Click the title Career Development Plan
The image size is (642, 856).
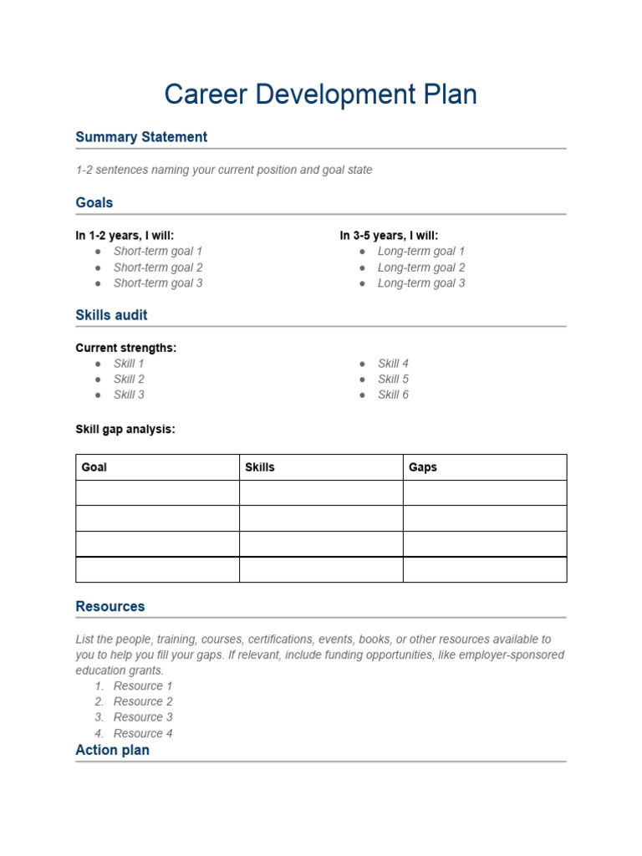tap(320, 94)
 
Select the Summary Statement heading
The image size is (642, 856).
tap(141, 137)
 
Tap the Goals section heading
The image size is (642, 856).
tap(94, 202)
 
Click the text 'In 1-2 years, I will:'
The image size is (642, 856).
tap(125, 236)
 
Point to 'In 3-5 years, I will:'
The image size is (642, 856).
tap(389, 236)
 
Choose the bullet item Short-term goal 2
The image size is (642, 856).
tap(158, 267)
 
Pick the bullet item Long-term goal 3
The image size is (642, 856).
tap(421, 283)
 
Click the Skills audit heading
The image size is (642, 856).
tap(111, 315)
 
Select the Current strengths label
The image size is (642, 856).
tap(125, 348)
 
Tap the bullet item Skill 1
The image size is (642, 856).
tap(129, 364)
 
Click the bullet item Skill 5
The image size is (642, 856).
tap(393, 380)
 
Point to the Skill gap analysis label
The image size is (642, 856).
tap(125, 429)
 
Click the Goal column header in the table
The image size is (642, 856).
tap(94, 467)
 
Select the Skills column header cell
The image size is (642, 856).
tap(259, 467)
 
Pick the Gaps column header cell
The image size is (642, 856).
tap(423, 467)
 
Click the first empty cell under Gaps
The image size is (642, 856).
tap(485, 493)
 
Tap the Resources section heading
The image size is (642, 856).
tap(110, 607)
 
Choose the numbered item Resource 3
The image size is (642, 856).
tap(143, 717)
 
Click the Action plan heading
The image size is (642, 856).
tap(112, 751)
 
